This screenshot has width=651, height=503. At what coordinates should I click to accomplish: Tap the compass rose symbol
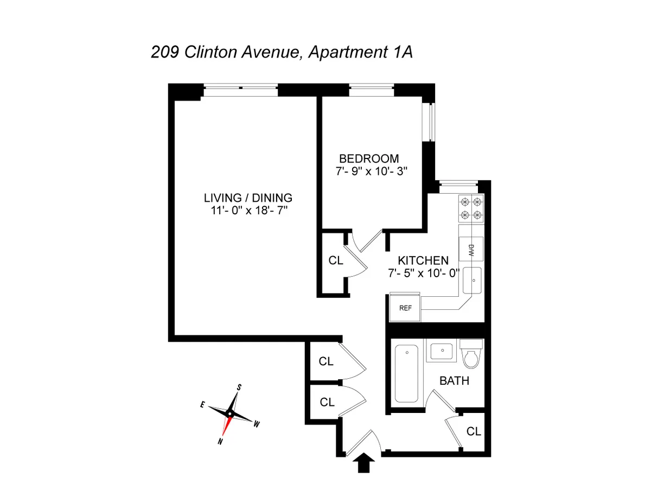point(229,413)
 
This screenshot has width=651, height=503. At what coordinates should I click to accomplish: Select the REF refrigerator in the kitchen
point(405,308)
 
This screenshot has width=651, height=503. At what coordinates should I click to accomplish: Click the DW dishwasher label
point(471,250)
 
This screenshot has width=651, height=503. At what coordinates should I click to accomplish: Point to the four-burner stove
point(471,208)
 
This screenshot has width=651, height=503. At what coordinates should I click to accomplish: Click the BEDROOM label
point(369,159)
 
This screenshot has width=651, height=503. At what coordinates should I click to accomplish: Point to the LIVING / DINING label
point(248,198)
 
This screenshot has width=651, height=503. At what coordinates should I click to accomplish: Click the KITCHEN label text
point(423,260)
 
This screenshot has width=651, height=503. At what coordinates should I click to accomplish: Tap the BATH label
point(454,381)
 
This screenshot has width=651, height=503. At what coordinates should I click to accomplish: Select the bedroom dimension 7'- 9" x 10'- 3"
point(371,171)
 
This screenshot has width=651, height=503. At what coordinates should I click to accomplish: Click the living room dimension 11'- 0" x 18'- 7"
point(249,210)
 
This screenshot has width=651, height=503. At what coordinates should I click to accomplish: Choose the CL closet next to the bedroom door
point(336,260)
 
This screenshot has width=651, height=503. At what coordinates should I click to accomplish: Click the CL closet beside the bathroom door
point(474,431)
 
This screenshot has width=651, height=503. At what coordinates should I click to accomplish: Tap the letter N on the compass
point(220,442)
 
